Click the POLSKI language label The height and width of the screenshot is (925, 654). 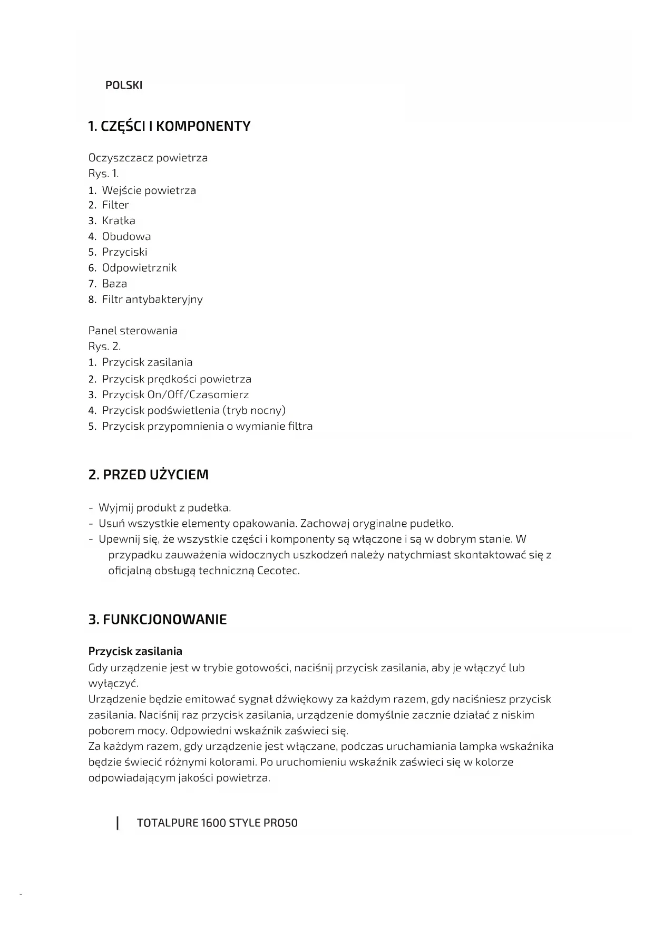(x=124, y=85)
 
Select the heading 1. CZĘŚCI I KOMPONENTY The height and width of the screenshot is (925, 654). (x=169, y=127)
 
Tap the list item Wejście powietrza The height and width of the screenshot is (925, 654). (x=149, y=190)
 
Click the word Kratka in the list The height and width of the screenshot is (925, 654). (x=119, y=221)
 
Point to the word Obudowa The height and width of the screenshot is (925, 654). (x=126, y=237)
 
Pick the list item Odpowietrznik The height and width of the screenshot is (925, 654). (x=139, y=268)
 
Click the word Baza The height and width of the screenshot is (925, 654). (x=114, y=284)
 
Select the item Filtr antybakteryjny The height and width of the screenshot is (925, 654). (x=152, y=300)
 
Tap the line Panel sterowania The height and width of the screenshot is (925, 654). (x=133, y=331)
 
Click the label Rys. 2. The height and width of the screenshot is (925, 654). (x=104, y=347)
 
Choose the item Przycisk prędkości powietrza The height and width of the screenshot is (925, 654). (x=177, y=379)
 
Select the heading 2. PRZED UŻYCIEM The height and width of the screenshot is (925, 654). (x=148, y=475)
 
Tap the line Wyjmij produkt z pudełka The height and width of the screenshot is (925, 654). (x=164, y=508)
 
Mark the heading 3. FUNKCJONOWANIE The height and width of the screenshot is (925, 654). (x=157, y=620)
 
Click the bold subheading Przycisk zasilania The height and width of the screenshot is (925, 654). (x=135, y=651)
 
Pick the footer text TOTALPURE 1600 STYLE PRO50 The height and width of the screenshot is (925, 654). (x=217, y=823)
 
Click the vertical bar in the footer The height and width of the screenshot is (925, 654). (x=118, y=823)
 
